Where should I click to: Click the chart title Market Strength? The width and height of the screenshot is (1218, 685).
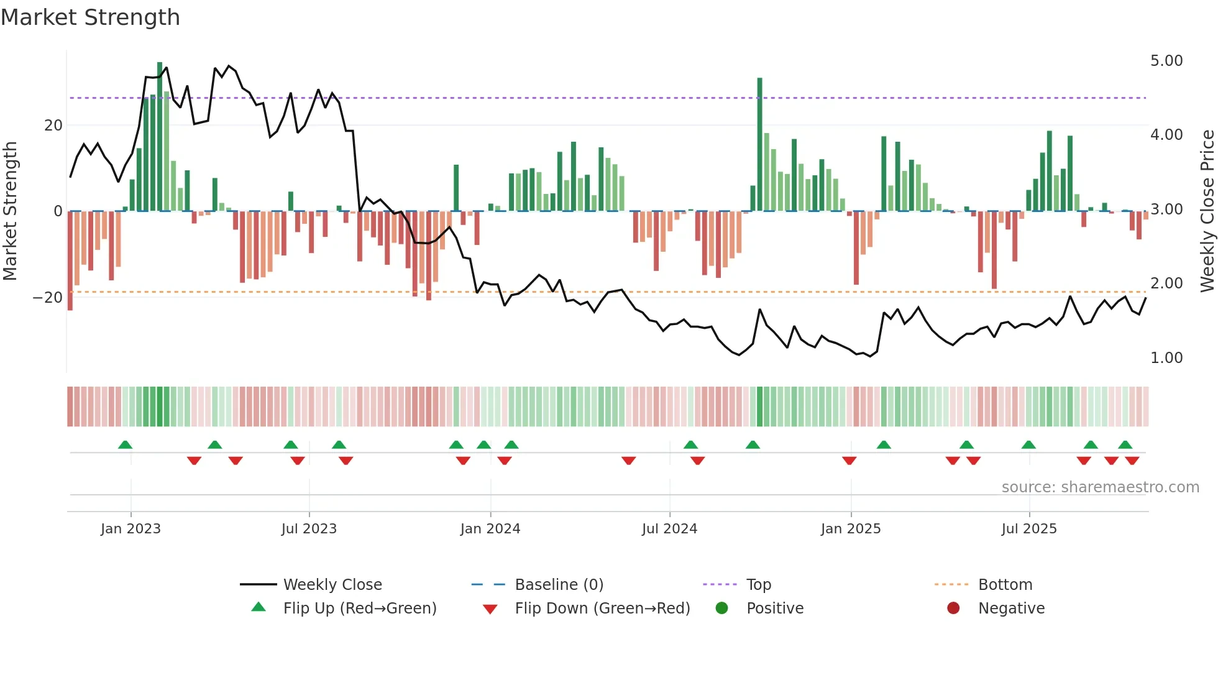click(x=90, y=17)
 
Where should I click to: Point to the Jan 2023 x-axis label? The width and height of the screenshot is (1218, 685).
click(x=130, y=529)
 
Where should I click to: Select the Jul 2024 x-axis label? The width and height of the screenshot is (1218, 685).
click(x=669, y=529)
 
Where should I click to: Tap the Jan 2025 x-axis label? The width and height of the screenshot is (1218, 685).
click(x=851, y=529)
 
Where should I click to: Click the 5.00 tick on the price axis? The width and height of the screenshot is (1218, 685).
click(x=1166, y=61)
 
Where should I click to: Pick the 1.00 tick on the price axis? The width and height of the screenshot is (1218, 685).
click(x=1166, y=358)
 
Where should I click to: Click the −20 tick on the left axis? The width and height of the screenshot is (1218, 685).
click(x=48, y=298)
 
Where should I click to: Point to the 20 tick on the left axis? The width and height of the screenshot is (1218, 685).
click(x=53, y=126)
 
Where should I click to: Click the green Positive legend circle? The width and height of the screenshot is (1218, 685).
click(x=721, y=609)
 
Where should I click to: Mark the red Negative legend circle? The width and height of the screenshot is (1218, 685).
click(x=953, y=609)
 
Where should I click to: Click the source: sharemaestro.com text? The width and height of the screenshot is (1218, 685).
click(x=1100, y=487)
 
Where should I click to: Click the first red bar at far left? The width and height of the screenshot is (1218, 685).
click(x=70, y=261)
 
